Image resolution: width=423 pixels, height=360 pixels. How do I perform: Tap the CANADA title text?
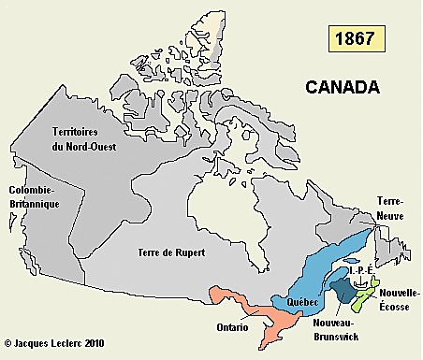pos(342,87)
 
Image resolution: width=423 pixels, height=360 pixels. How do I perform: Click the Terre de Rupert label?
pos(171,252)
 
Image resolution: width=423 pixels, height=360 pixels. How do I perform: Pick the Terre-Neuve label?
pos(391,208)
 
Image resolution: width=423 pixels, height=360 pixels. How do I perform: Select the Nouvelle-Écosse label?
pos(399,298)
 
